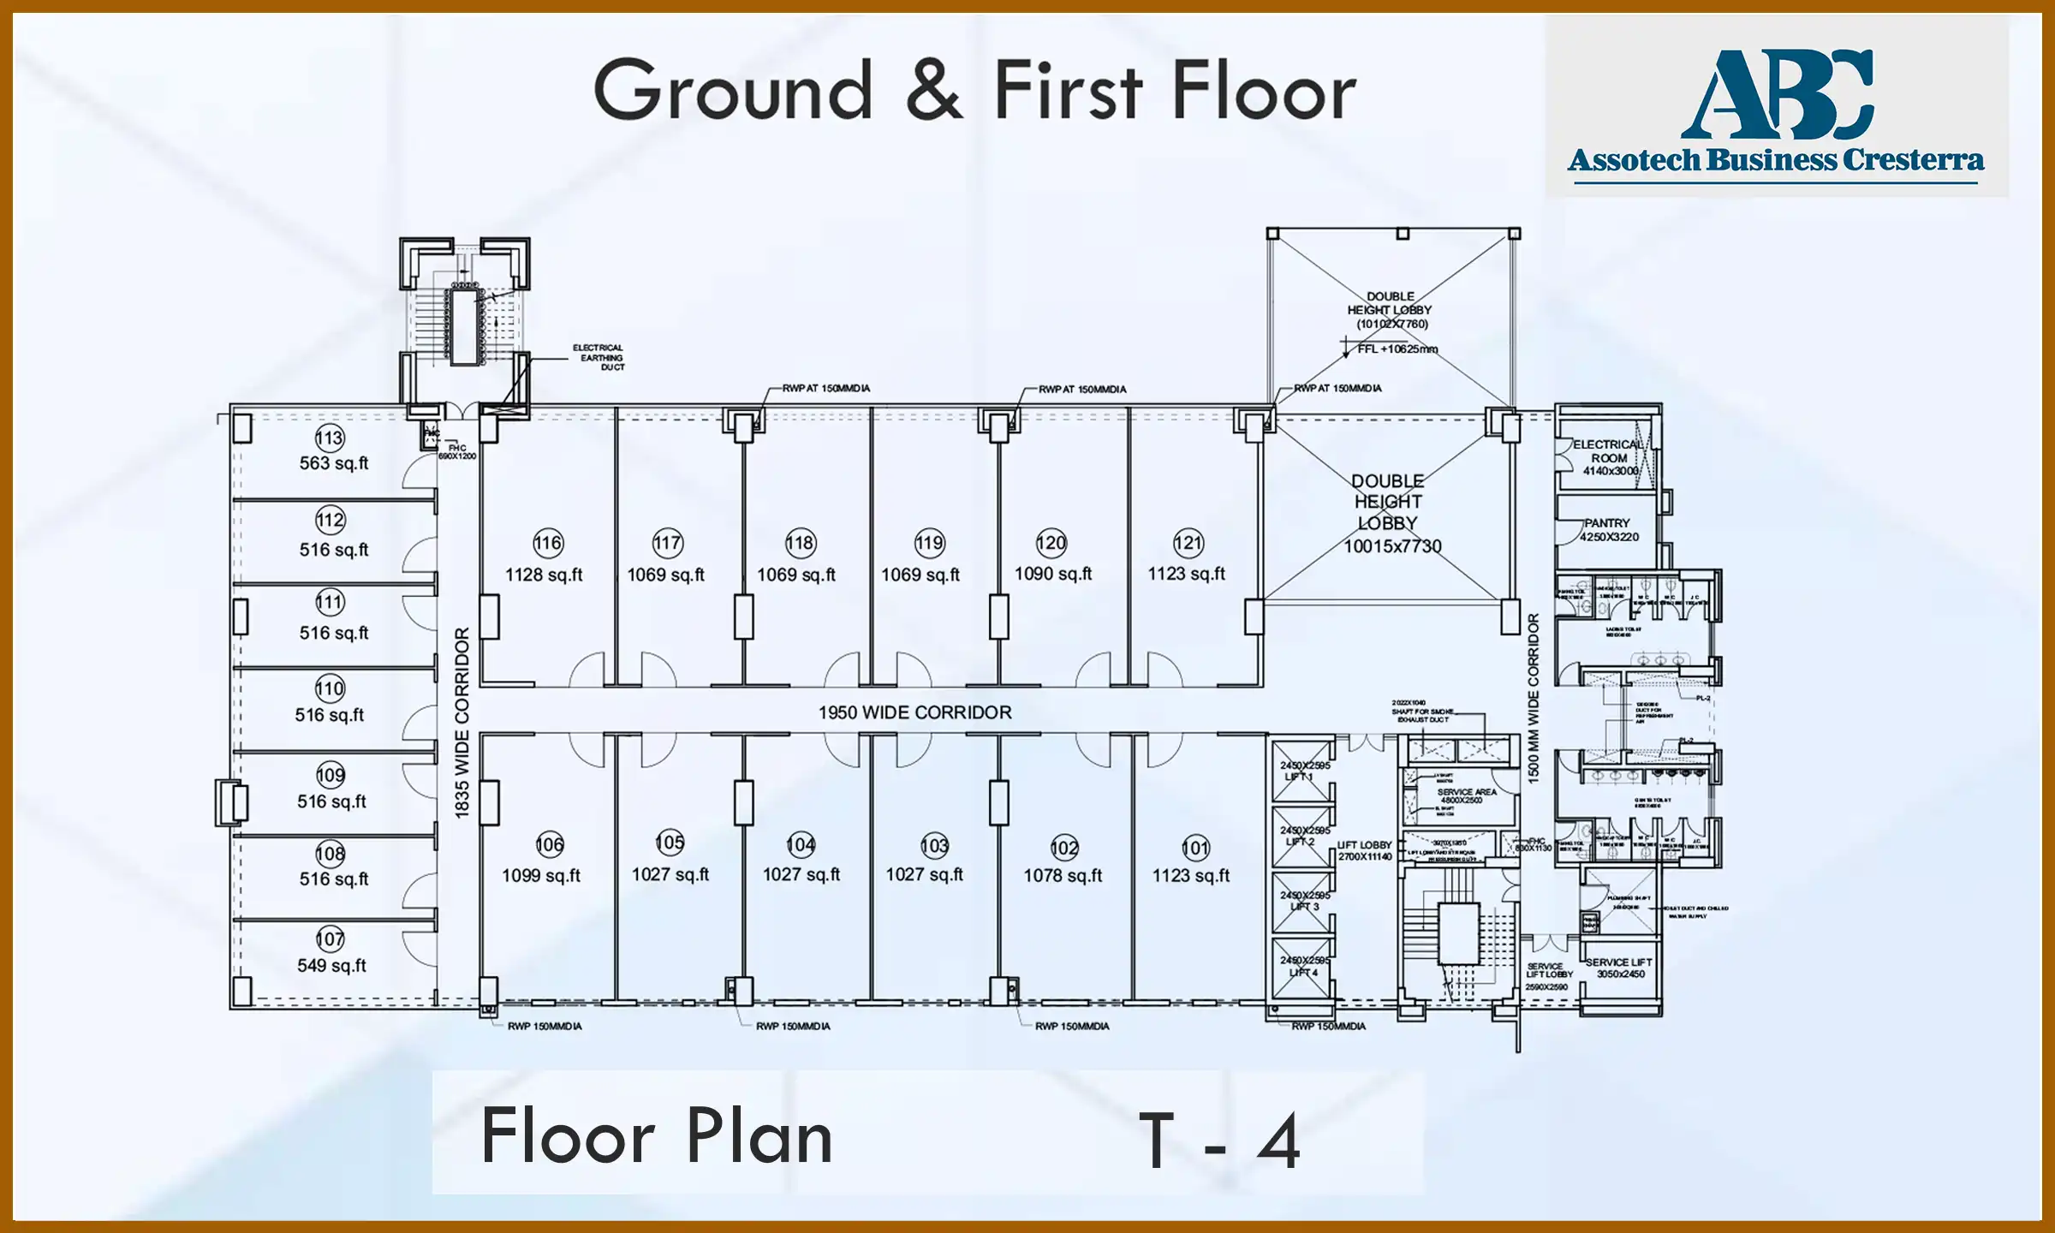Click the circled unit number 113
pyautogui.click(x=330, y=438)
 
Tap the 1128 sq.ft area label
pyautogui.click(x=544, y=575)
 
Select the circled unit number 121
pyautogui.click(x=1188, y=543)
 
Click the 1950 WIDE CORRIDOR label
pyautogui.click(x=914, y=712)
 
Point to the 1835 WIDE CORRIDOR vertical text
pyautogui.click(x=462, y=724)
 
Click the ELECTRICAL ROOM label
pyautogui.click(x=1609, y=457)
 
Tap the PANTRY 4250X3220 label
pyautogui.click(x=1609, y=530)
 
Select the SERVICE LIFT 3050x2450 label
pyautogui.click(x=1619, y=968)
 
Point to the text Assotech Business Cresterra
pyautogui.click(x=1776, y=160)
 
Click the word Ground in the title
pyautogui.click(x=734, y=91)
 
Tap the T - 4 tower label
pyautogui.click(x=1219, y=1141)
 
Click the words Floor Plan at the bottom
pyautogui.click(x=657, y=1137)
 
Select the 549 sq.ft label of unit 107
pyautogui.click(x=331, y=965)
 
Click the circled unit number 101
pyautogui.click(x=1195, y=848)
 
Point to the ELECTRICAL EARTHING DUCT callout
pyautogui.click(x=599, y=357)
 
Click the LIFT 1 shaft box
pyautogui.click(x=1301, y=771)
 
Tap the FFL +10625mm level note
pyautogui.click(x=1397, y=349)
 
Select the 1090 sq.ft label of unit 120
pyautogui.click(x=1053, y=574)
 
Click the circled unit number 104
pyautogui.click(x=801, y=845)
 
